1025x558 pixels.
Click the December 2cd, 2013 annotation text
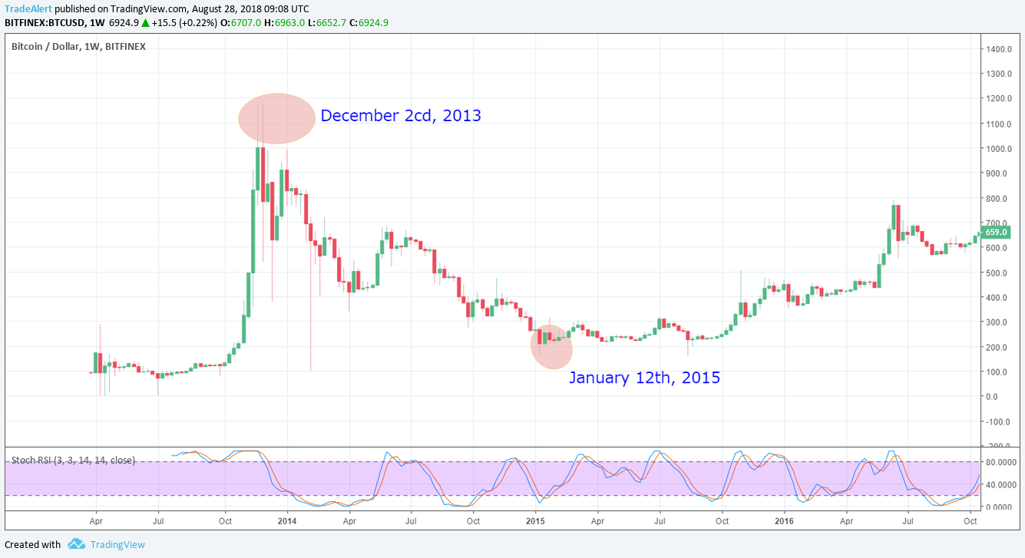click(400, 116)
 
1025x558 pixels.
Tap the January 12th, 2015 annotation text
click(643, 378)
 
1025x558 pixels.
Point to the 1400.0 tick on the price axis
click(999, 49)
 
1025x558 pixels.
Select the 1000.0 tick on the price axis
click(999, 149)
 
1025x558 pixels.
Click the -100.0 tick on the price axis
click(999, 422)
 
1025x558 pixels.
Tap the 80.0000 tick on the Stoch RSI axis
click(1001, 462)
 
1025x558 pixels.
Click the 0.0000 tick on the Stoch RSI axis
click(1001, 507)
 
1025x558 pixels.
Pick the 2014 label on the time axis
click(286, 520)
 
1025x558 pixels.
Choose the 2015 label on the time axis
click(535, 520)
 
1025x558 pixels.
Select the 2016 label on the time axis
click(784, 520)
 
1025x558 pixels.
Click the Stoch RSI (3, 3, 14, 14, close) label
click(73, 461)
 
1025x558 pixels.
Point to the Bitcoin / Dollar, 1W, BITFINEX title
click(78, 47)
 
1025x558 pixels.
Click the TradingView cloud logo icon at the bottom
click(76, 544)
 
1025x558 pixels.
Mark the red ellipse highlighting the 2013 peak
click(276, 119)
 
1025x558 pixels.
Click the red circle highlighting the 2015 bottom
click(551, 347)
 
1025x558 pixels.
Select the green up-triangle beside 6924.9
click(144, 23)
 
